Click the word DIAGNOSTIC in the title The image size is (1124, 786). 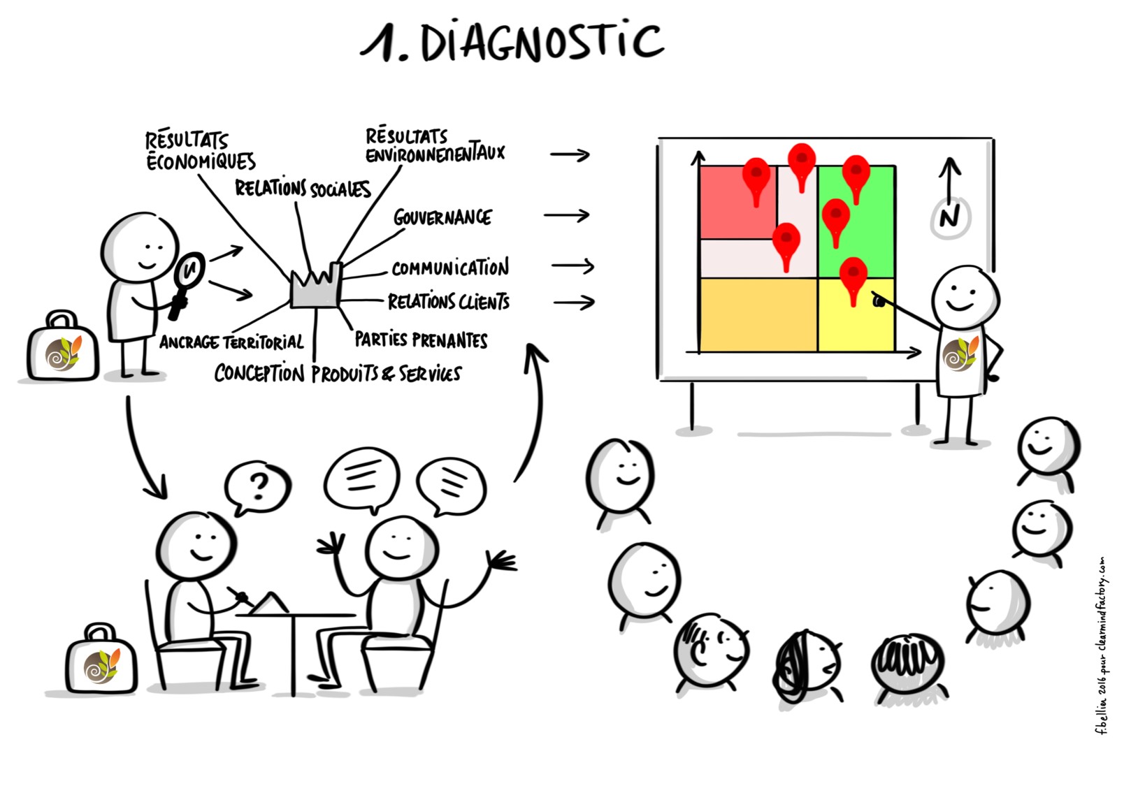[542, 42]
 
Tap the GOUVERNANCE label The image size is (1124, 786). [442, 218]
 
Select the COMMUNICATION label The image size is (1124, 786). [449, 268]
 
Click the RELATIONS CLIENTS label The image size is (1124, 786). [448, 302]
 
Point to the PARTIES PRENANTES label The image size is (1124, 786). [421, 340]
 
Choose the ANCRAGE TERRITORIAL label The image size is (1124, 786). [231, 342]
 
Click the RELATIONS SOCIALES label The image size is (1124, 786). [302, 189]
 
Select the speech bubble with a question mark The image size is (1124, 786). [257, 485]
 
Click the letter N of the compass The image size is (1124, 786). [949, 217]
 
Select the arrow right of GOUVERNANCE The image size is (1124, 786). [567, 216]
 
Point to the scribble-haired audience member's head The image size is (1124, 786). [804, 664]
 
